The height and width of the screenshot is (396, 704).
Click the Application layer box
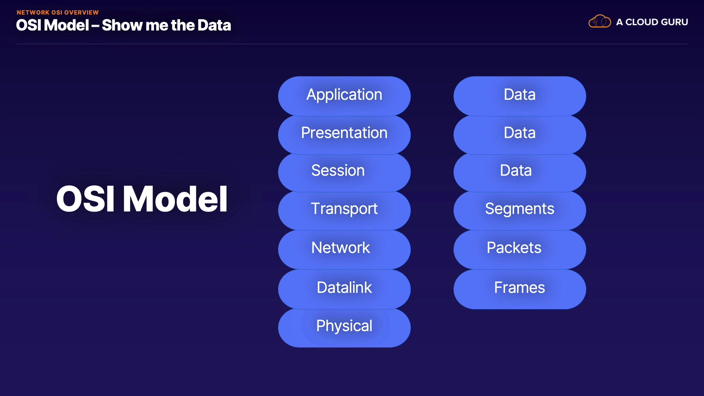point(344,96)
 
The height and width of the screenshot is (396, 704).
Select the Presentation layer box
point(344,134)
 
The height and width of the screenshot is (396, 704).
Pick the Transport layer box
point(344,210)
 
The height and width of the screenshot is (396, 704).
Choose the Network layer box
point(344,249)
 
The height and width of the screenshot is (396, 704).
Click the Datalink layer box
point(344,289)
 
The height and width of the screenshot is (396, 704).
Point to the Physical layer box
point(344,327)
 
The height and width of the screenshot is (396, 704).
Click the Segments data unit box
point(519,210)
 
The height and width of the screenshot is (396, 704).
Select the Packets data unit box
point(519,249)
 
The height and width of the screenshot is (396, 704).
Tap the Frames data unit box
point(519,289)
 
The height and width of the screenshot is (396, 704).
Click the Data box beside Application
point(519,96)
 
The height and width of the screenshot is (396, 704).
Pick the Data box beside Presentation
point(519,134)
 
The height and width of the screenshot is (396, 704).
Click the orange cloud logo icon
point(599,22)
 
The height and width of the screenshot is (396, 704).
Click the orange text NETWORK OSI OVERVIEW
point(58,12)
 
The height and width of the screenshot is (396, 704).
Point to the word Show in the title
point(122,25)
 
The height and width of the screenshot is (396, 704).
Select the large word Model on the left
point(175,199)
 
